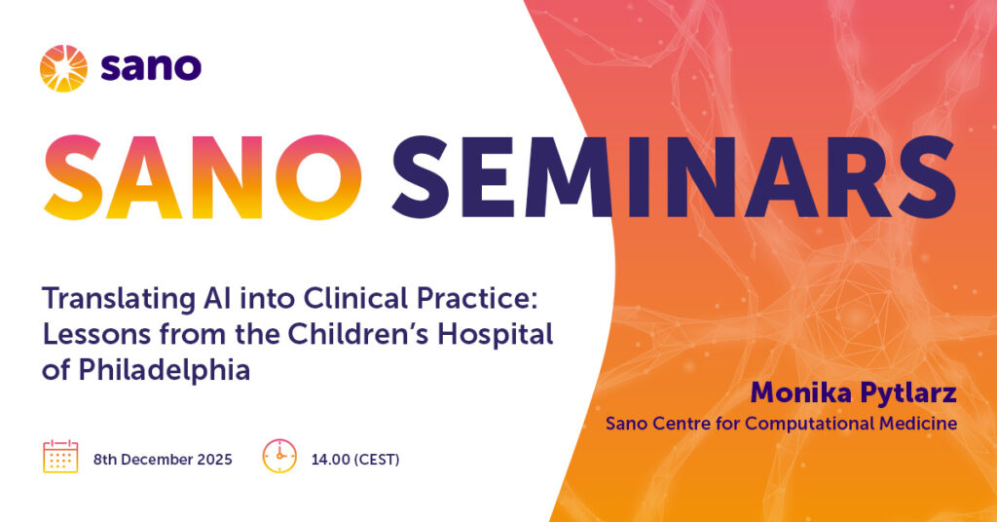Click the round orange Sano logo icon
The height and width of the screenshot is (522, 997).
coord(63,69)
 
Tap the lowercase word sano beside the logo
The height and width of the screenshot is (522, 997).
coord(151,67)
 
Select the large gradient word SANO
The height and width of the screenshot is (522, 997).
coord(203,177)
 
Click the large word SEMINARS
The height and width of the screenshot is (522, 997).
coord(674,177)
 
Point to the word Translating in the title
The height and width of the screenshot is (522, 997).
coord(118,299)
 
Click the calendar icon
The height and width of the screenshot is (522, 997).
coord(60,456)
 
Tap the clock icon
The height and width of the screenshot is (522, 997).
coord(279,456)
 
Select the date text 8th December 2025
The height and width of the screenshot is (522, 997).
coord(163,459)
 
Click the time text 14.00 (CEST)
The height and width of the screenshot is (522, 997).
coord(355,459)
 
